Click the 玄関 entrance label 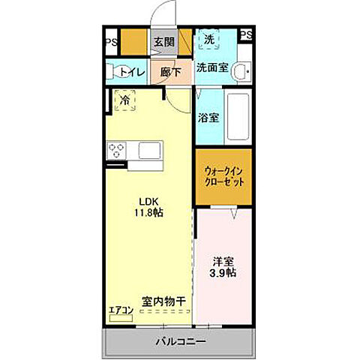pyautogui.click(x=164, y=42)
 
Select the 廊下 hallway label pyautogui.click(x=170, y=73)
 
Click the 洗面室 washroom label pyautogui.click(x=213, y=67)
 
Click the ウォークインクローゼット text pyautogui.click(x=223, y=176)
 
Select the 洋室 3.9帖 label pyautogui.click(x=223, y=268)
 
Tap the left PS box pyautogui.click(x=110, y=42)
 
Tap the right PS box pyautogui.click(x=246, y=34)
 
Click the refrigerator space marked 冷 pyautogui.click(x=124, y=101)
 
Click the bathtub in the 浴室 pyautogui.click(x=238, y=118)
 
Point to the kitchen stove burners pyautogui.click(x=118, y=151)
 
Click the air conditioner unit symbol pyautogui.click(x=120, y=318)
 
